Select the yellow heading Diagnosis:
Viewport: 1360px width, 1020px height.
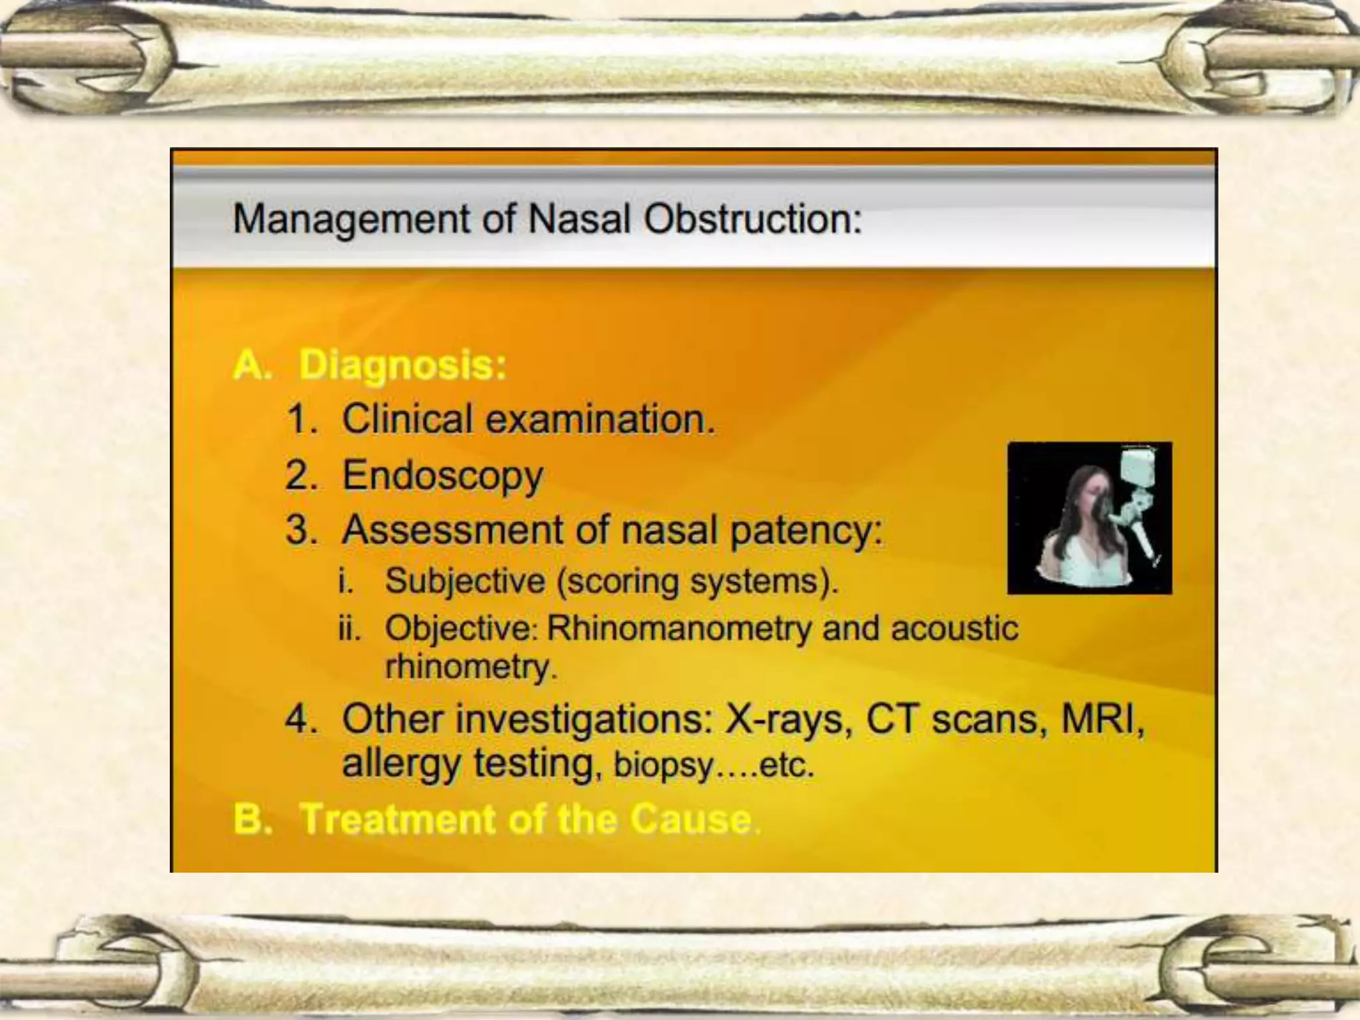tap(402, 365)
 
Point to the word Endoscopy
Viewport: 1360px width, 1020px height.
tap(442, 476)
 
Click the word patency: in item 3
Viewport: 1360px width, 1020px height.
tap(807, 531)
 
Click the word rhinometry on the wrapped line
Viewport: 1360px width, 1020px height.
tap(469, 667)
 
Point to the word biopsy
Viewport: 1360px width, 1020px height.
tap(663, 765)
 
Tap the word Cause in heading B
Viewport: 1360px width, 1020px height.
tap(691, 819)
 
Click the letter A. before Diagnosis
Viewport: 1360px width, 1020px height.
tap(252, 365)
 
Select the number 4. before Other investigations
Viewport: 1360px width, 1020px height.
tap(301, 719)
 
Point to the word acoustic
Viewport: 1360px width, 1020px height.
tap(954, 628)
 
